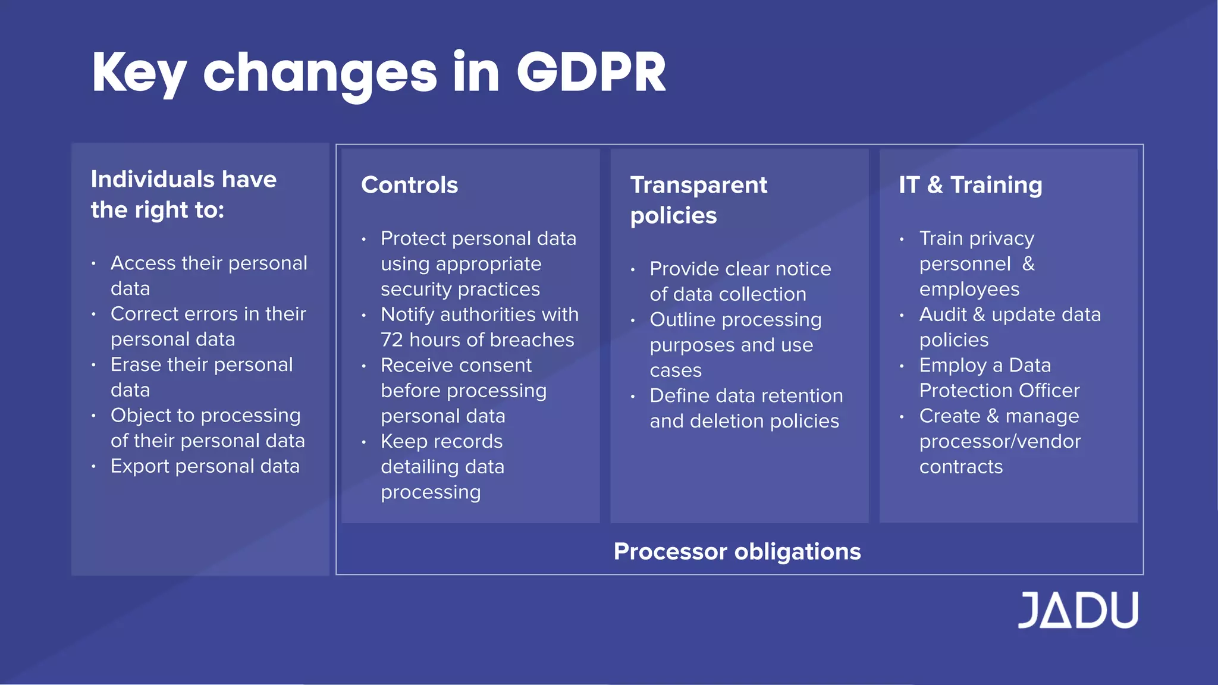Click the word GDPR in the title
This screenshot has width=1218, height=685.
[591, 73]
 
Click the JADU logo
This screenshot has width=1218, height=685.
[1078, 610]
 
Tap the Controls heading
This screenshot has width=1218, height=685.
[409, 185]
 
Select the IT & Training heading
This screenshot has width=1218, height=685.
[970, 185]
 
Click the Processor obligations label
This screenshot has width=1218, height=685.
[737, 551]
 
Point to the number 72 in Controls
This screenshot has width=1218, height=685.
[391, 340]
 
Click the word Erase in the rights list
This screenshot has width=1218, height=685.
[134, 365]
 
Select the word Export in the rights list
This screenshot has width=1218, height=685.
[140, 466]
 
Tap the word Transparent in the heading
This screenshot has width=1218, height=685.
[698, 185]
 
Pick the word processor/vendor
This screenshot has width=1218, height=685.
[1000, 442]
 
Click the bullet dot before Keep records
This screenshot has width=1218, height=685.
[364, 442]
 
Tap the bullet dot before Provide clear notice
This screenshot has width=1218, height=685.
[633, 269]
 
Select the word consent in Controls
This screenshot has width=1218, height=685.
[498, 365]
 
